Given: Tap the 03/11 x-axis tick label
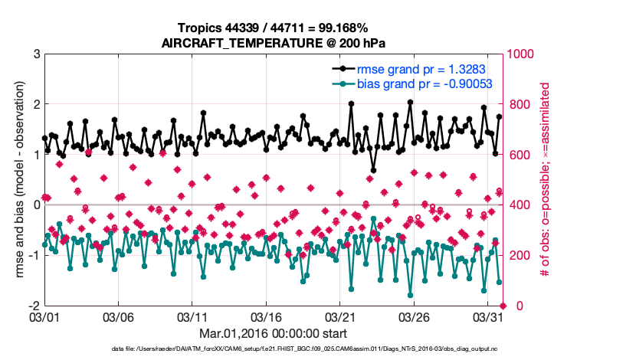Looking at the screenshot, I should point(192,316).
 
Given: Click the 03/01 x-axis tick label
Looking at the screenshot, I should point(44,316).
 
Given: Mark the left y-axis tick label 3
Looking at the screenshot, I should point(35,54).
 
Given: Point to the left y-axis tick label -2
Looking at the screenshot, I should point(33,306).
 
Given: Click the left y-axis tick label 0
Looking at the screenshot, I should point(35,205).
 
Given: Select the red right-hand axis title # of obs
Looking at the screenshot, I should point(546,180).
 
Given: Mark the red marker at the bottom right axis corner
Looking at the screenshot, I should point(502,306).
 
